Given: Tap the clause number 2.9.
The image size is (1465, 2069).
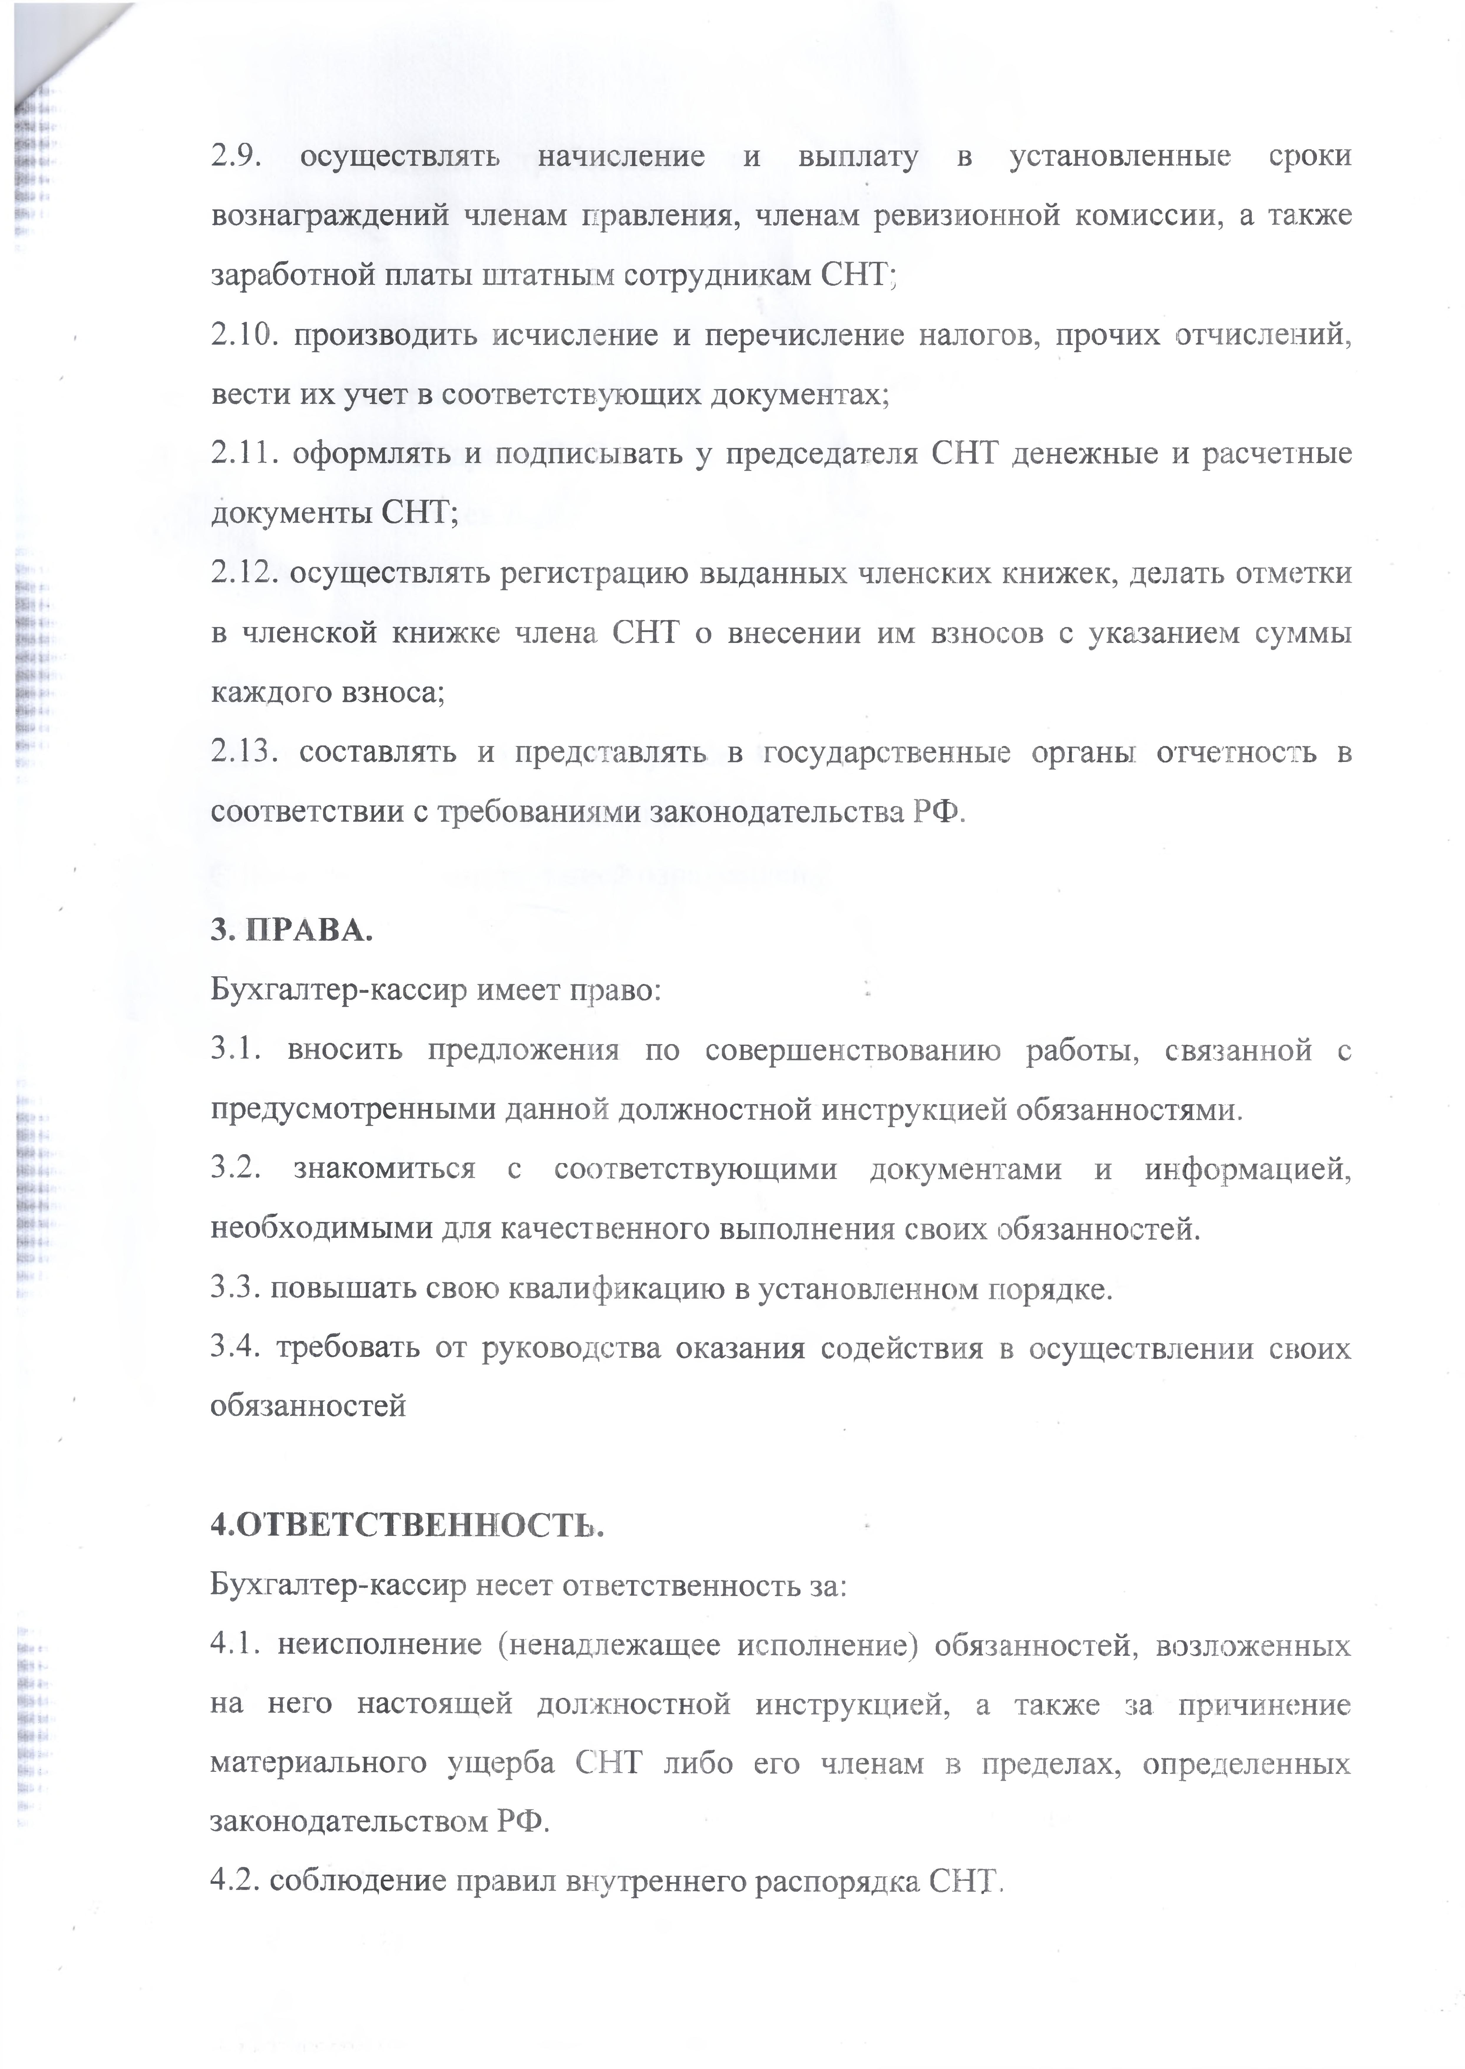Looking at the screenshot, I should (236, 157).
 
